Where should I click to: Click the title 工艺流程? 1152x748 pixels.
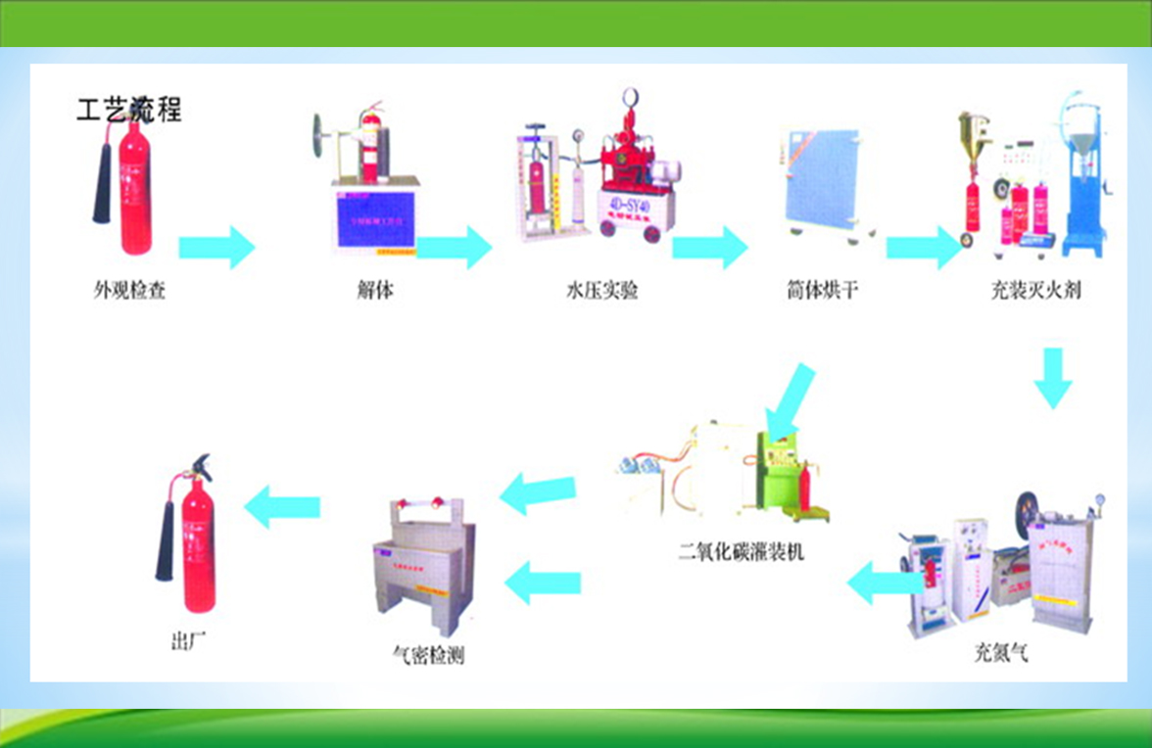(x=128, y=108)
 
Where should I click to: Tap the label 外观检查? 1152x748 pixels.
(x=130, y=291)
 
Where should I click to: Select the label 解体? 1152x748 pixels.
(x=375, y=291)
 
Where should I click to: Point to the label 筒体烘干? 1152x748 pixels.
(x=822, y=291)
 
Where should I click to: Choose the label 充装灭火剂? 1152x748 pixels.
(x=1035, y=291)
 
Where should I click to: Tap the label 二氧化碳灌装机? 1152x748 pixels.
(x=742, y=552)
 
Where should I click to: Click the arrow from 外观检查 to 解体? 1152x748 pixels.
(x=216, y=247)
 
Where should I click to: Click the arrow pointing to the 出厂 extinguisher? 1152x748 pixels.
(x=282, y=506)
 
